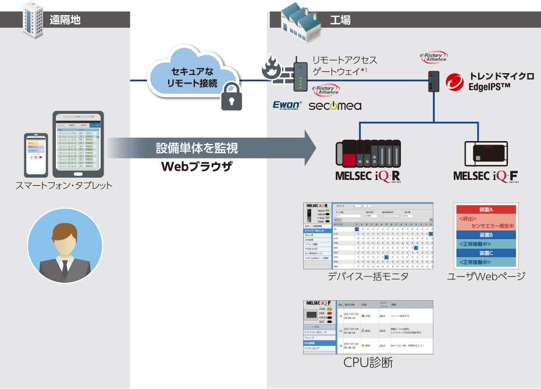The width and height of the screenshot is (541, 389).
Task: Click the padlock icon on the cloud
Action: pyautogui.click(x=231, y=97)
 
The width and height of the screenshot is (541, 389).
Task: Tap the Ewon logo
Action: pyautogui.click(x=286, y=105)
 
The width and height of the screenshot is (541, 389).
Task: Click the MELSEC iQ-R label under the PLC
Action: pyautogui.click(x=369, y=175)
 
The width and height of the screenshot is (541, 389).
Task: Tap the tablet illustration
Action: pyautogui.click(x=78, y=145)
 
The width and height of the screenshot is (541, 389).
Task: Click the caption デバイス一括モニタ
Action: pyautogui.click(x=368, y=276)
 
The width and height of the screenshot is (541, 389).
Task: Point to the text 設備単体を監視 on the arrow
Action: pyautogui.click(x=197, y=148)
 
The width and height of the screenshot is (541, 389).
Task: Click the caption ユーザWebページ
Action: pyautogui.click(x=486, y=276)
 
